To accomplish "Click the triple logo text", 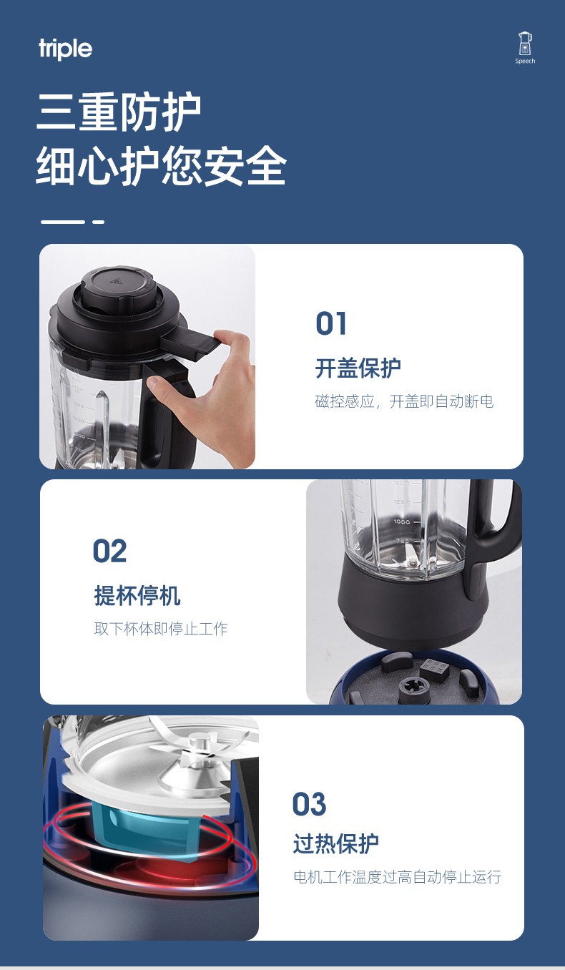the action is point(65,49).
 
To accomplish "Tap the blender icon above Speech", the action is point(525,44).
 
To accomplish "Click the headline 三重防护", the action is point(119,112).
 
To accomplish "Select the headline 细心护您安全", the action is point(161,166).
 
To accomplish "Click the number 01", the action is point(331,323).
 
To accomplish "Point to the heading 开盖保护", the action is point(358,368).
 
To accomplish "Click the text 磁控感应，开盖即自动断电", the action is point(404,401).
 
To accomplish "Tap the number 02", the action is point(109,551).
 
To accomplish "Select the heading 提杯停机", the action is point(137,595).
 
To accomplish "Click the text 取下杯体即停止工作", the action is point(161,628).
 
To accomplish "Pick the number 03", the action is point(309,804).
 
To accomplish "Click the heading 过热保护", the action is point(336,844).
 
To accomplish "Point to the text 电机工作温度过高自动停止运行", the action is point(398,877).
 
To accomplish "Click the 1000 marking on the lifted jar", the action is point(402,521).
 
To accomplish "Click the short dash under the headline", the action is point(98,222).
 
